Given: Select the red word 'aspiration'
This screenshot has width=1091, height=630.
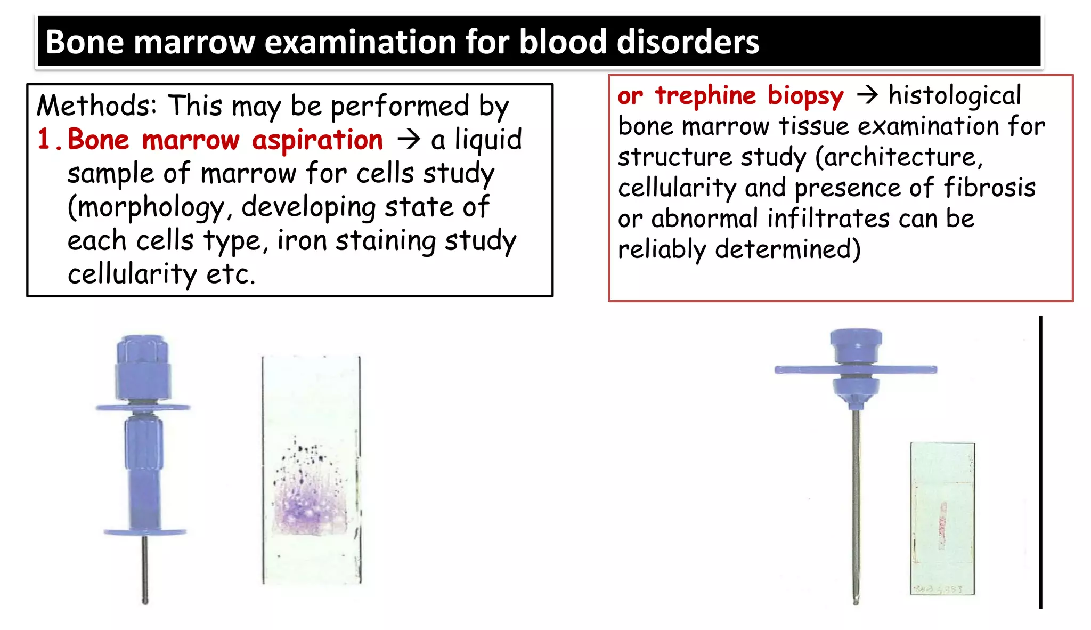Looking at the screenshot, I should coord(317,141).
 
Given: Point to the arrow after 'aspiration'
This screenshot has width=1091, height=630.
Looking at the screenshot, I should coord(409,140).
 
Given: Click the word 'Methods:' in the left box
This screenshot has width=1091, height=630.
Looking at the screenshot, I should coord(97,106).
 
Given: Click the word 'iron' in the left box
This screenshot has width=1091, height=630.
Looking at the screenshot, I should coord(302,241).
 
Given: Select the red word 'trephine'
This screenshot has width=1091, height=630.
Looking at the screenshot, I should coord(705,96).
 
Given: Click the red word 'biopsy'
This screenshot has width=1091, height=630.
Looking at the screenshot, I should coord(805,96).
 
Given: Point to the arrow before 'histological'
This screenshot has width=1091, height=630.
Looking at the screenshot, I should coord(867,95).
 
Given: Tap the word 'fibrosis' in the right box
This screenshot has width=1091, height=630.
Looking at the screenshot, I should coord(989,188).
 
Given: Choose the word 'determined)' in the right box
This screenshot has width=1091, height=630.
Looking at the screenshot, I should coord(787,249).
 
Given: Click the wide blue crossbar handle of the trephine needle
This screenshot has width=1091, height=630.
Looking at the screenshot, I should coord(855,369).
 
